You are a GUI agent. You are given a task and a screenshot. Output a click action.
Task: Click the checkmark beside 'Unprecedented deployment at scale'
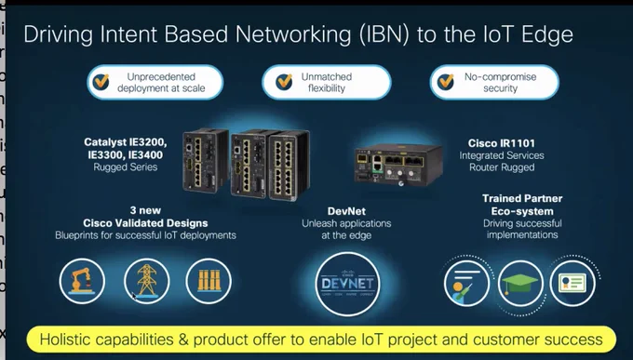point(101,82)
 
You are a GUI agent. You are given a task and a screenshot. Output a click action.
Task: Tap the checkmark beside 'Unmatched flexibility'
point(284,82)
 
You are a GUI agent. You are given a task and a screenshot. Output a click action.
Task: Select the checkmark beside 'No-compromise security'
point(446,82)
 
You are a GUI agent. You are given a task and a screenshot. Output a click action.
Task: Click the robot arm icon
point(82,281)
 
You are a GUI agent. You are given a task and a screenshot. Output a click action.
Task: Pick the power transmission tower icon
point(147,281)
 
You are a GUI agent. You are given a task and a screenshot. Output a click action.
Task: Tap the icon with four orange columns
point(209,281)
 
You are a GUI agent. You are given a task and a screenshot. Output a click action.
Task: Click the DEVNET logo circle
point(347,284)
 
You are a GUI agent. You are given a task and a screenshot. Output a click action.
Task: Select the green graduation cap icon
point(520,284)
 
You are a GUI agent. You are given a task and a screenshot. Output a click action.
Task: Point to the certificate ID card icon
point(572,284)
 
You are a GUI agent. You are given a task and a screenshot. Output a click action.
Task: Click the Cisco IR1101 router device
point(398,165)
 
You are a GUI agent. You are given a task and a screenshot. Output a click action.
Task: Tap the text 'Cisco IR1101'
point(502,143)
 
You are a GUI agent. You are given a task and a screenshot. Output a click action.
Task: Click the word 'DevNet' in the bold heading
point(347,211)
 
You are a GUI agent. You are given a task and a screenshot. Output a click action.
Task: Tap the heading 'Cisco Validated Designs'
point(145,223)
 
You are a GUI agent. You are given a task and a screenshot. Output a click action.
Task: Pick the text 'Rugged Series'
point(126,167)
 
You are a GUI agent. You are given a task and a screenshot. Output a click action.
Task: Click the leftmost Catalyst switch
point(206,160)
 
